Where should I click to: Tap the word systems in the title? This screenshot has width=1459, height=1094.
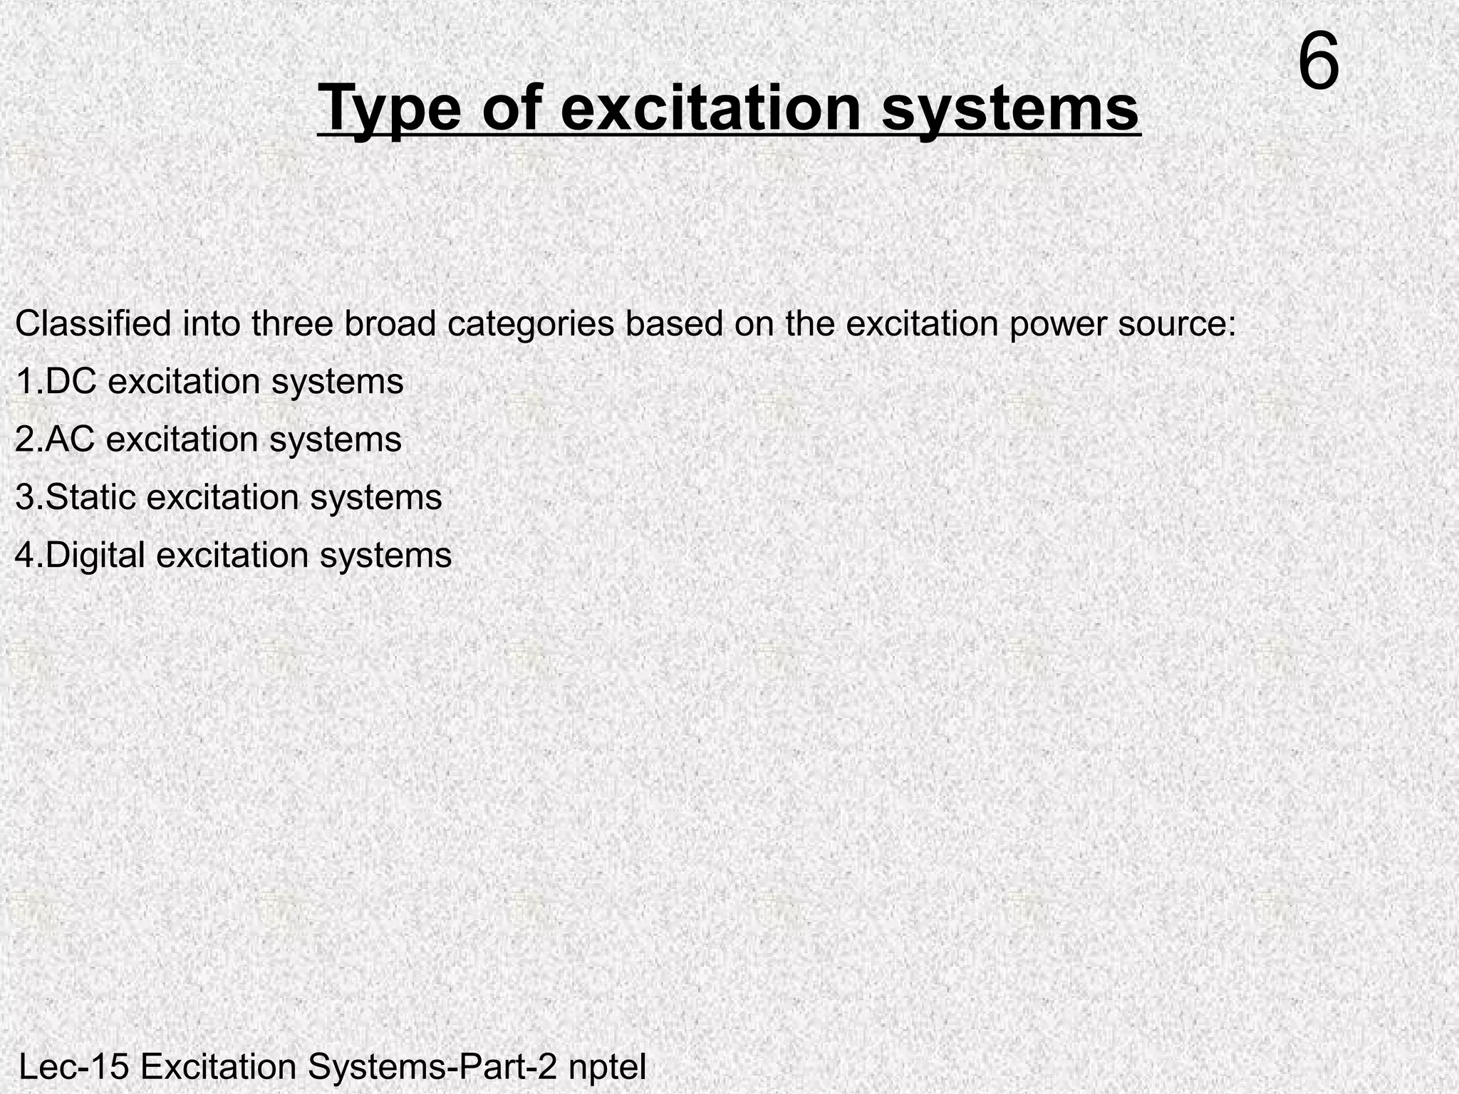click(x=1010, y=108)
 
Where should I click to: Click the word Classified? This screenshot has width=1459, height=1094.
click(x=93, y=324)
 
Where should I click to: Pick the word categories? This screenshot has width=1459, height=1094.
click(x=531, y=324)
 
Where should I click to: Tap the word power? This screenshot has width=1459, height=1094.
click(x=1058, y=324)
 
